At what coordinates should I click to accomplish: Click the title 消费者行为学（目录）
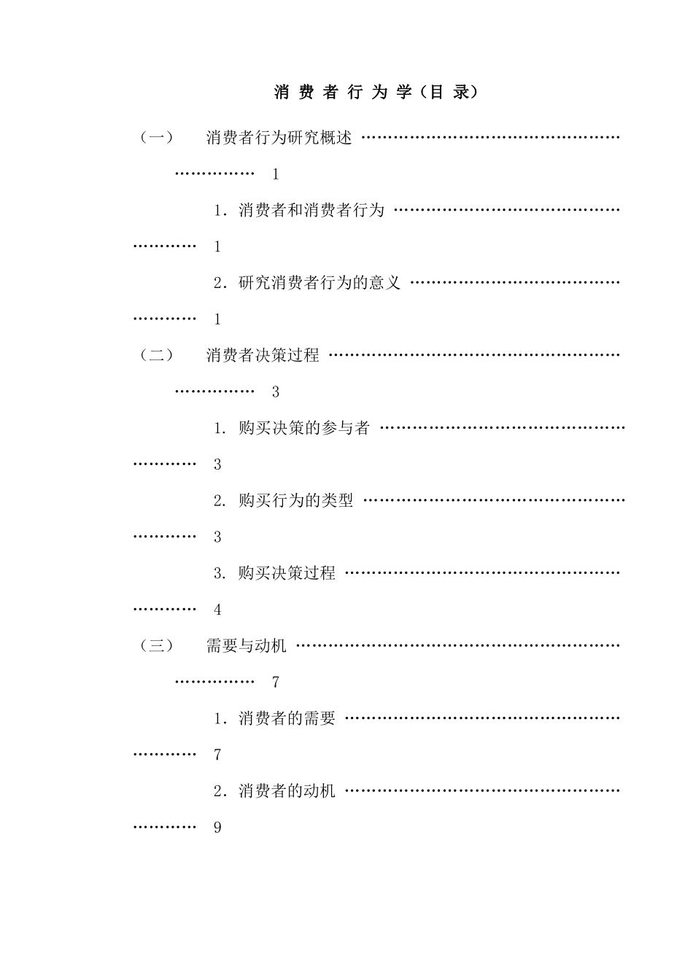point(376,93)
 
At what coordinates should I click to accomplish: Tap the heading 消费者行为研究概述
point(279,137)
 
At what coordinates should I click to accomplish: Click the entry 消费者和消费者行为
point(311,210)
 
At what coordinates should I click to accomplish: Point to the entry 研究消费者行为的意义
point(320,283)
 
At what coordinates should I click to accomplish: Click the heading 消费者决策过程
point(263,355)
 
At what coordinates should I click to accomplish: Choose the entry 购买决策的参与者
point(303,428)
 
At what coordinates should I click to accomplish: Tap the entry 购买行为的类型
point(295,501)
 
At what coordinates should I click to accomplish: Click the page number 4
point(217,610)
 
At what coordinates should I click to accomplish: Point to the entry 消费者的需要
point(287,718)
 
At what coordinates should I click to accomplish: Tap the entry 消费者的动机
point(287,790)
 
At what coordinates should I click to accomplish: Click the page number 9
point(217,828)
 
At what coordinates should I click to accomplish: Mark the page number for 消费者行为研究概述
point(276,174)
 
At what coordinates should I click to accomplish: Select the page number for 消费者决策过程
point(276,392)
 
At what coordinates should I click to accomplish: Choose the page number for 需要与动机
point(276,682)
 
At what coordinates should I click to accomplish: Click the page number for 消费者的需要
point(217,755)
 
